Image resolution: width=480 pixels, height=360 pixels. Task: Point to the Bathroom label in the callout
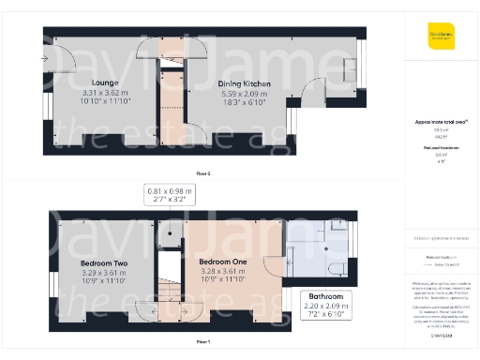tap(322, 297)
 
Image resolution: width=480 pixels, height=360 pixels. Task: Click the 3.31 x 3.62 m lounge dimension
tap(103, 93)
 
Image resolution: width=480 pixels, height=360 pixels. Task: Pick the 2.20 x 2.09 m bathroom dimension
tap(322, 307)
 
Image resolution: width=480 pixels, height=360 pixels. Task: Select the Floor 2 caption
tap(202, 174)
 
